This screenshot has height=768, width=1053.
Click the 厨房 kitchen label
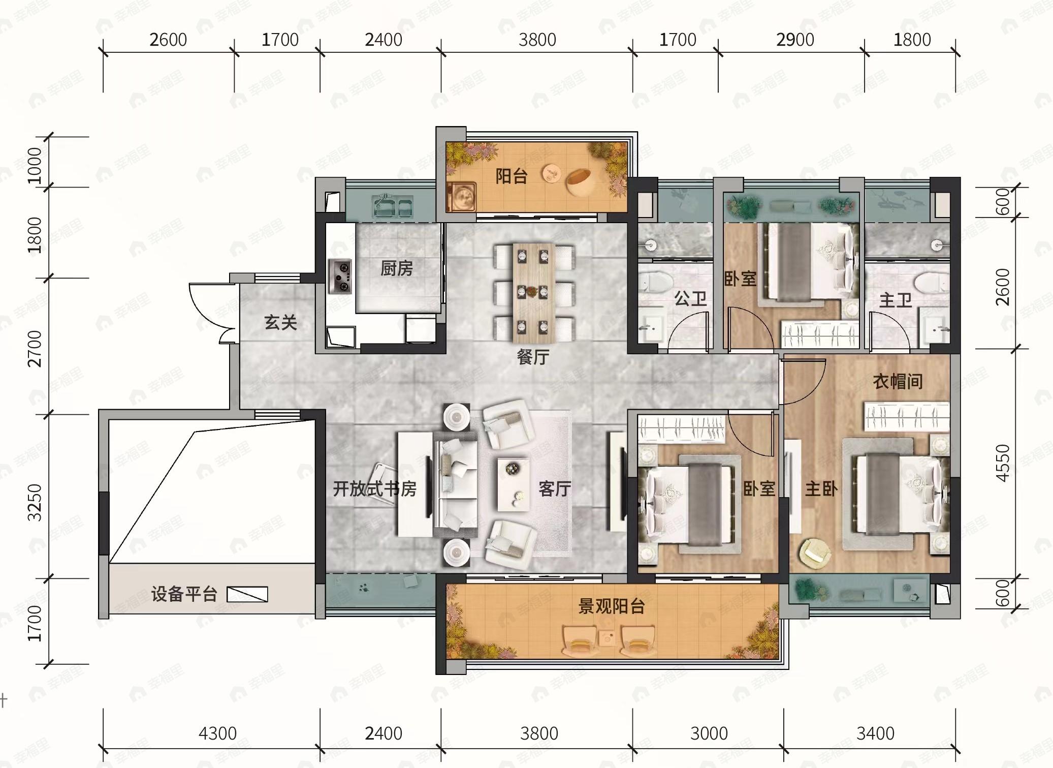point(397,268)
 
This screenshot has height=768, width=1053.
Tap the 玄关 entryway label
point(280,322)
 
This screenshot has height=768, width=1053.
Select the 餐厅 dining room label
point(533,357)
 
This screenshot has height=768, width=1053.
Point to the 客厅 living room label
point(555,489)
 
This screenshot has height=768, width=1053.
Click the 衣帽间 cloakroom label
point(898,381)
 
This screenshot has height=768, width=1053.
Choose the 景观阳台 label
point(612,606)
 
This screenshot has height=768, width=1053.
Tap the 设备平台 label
point(184,594)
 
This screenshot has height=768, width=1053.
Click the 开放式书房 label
point(375,489)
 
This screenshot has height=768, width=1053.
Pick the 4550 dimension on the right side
point(1003,463)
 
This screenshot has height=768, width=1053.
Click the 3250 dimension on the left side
point(35,502)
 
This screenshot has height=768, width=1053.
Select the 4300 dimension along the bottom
point(217,733)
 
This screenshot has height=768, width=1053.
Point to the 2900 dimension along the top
point(795,40)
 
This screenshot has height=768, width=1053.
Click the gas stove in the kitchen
point(340,277)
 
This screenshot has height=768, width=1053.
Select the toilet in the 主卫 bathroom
point(932,284)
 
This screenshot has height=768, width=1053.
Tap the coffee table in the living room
point(514,484)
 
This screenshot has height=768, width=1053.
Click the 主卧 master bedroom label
point(821,489)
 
